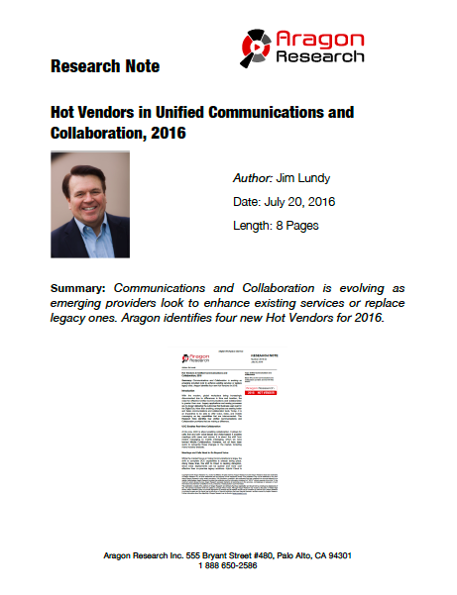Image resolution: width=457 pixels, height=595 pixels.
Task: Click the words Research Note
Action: (x=104, y=67)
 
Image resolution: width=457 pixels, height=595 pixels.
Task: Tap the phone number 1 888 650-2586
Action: (x=229, y=566)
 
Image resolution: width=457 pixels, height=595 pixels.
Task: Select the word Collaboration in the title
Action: (x=97, y=132)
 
